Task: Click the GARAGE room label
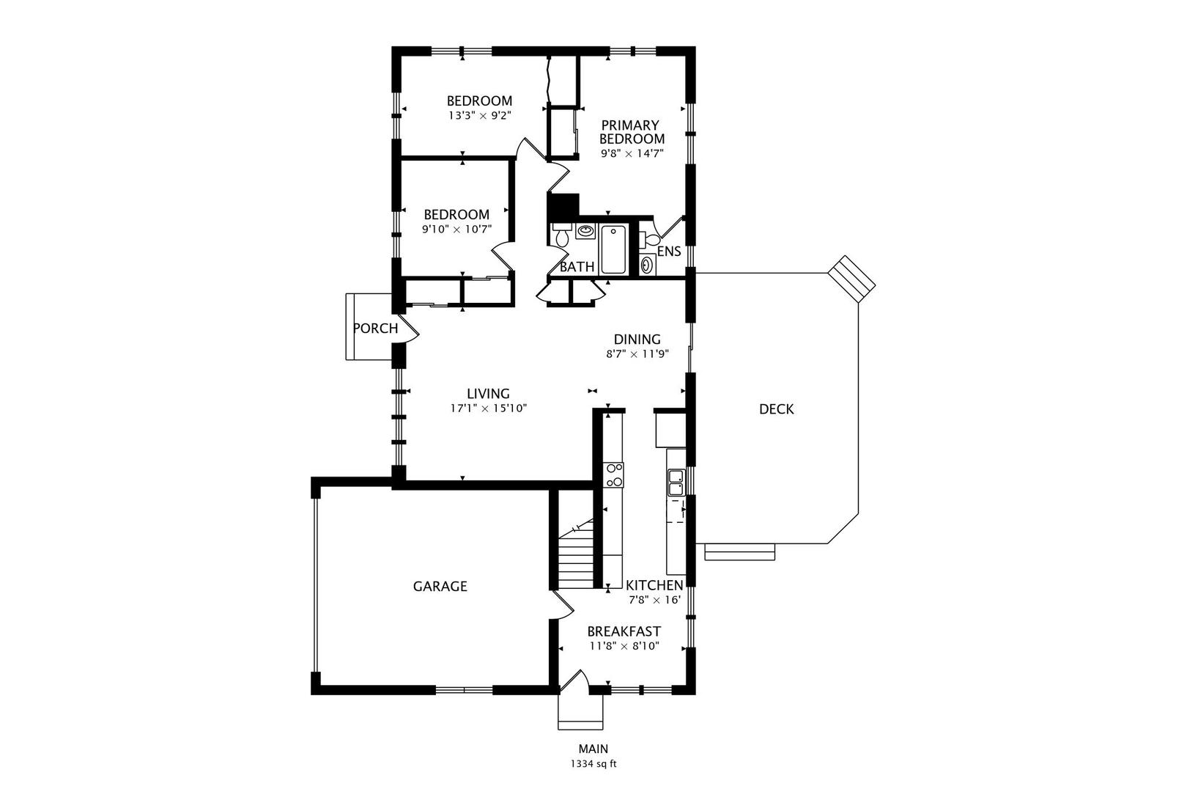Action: tap(440, 586)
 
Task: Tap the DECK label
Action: tap(777, 409)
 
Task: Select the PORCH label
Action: tap(376, 329)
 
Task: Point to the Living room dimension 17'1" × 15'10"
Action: tap(488, 408)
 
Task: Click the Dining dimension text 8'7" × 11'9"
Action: tap(637, 353)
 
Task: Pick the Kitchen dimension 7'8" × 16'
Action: tap(654, 600)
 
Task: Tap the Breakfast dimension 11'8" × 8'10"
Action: tap(624, 646)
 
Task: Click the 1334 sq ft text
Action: tap(593, 764)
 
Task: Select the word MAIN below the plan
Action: tap(593, 749)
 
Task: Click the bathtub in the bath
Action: tap(613, 249)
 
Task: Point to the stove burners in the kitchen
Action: tap(614, 474)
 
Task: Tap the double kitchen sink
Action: tap(676, 483)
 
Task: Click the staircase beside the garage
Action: tap(576, 554)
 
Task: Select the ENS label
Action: tap(669, 252)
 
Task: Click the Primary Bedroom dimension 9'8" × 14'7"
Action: tap(632, 154)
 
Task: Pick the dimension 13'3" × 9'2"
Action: tap(480, 116)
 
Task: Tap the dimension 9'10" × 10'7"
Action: tap(456, 230)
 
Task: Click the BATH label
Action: tap(577, 267)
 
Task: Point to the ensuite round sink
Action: tap(647, 265)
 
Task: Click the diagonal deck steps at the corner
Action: tap(851, 279)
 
